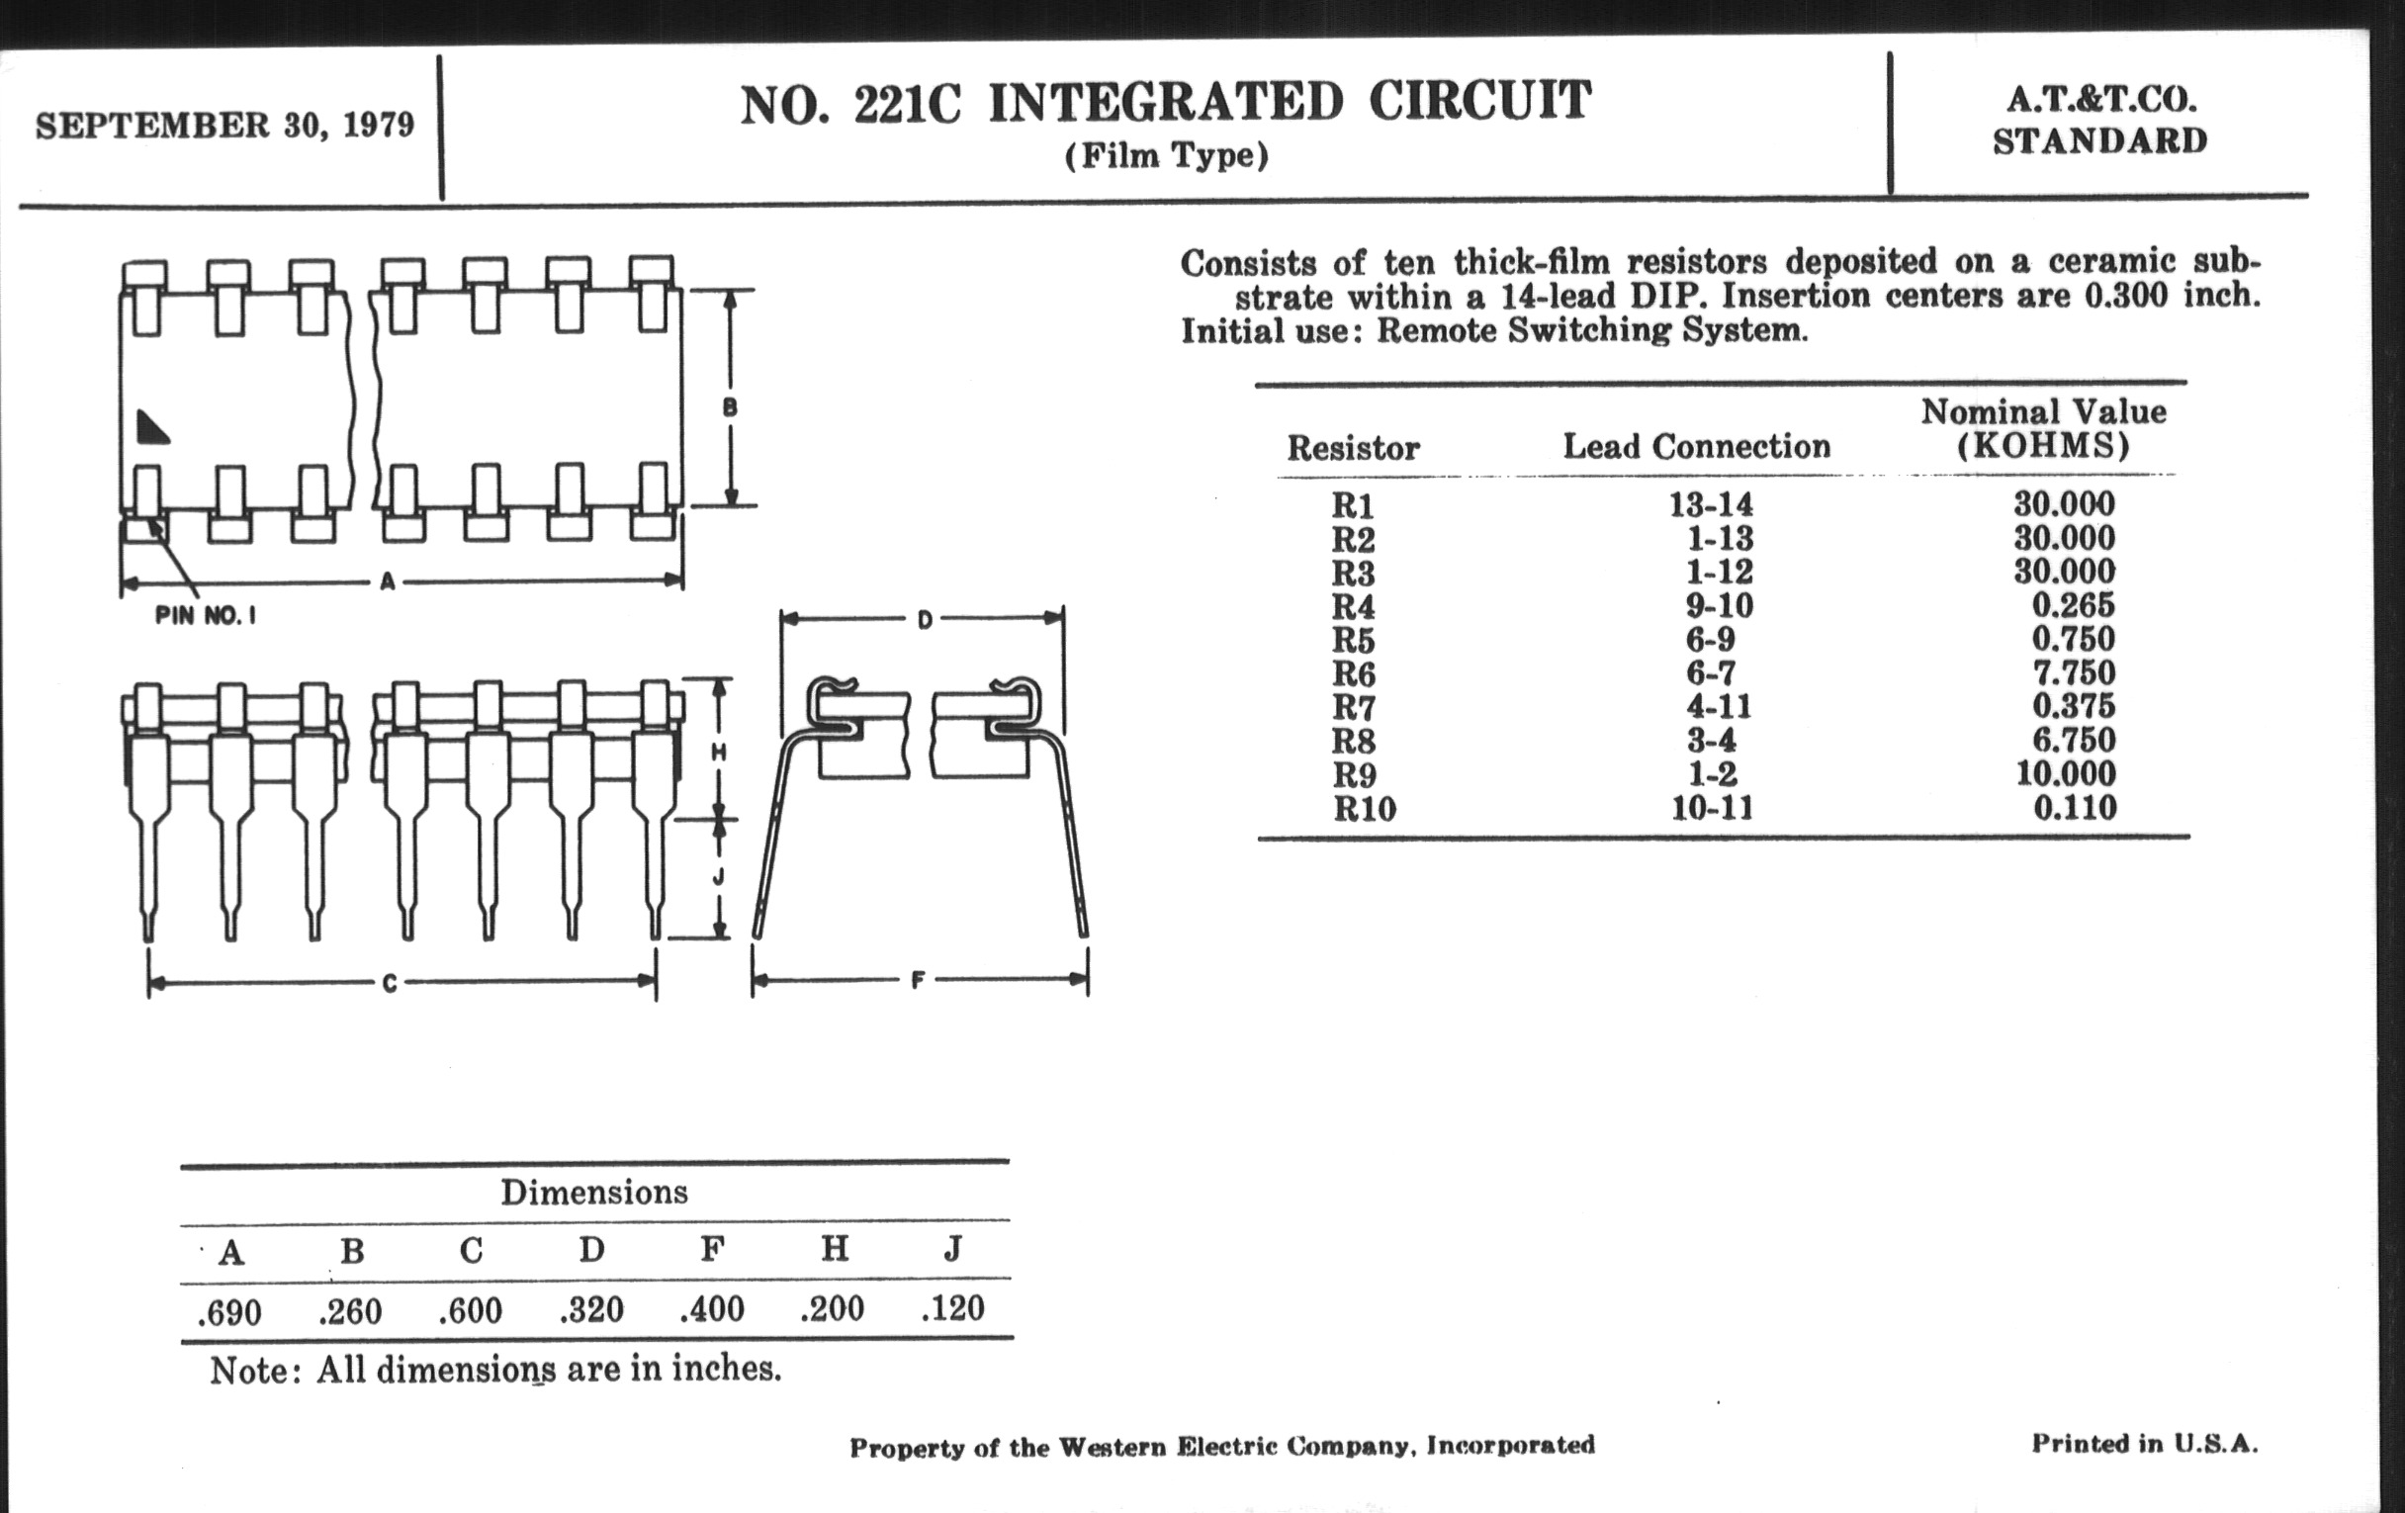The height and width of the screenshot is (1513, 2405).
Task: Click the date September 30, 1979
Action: point(224,126)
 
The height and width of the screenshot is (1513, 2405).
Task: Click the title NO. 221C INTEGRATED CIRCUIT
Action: point(1165,104)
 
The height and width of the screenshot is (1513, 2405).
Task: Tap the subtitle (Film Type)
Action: point(1166,156)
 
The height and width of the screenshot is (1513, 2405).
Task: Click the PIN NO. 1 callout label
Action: point(206,616)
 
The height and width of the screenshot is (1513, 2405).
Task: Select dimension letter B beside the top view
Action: point(730,407)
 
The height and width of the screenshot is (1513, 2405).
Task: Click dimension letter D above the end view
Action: point(924,620)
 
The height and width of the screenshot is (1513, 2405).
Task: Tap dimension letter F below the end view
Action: point(918,981)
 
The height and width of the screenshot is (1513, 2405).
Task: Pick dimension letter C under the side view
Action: point(390,984)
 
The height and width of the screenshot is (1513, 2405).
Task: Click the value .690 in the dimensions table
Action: point(229,1312)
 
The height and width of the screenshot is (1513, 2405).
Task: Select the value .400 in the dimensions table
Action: point(712,1309)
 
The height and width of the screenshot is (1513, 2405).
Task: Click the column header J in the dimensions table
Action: point(953,1249)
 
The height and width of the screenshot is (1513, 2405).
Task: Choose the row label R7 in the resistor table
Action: point(1354,708)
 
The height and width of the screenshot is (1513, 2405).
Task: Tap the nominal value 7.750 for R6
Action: point(2074,672)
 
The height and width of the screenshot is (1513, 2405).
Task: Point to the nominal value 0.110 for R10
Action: point(2075,807)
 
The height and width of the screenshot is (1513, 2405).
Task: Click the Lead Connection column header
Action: point(1696,446)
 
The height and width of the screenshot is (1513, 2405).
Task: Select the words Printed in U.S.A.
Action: point(2144,1443)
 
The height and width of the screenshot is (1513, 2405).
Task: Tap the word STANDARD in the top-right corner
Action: point(2099,141)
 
